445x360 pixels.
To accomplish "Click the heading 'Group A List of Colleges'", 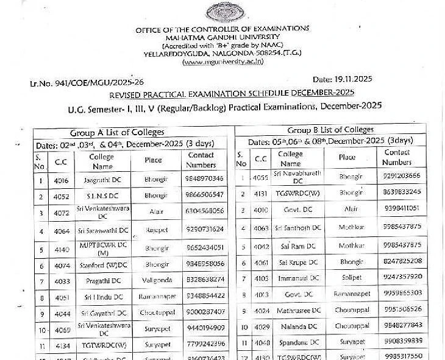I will pyautogui.click(x=117, y=132).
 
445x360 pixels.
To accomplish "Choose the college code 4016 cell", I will pyautogui.click(x=61, y=180).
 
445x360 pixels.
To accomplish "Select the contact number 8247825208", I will pyautogui.click(x=401, y=261).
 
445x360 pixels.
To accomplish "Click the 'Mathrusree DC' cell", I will pyautogui.click(x=295, y=309).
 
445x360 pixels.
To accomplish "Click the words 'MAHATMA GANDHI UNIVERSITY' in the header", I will pyautogui.click(x=222, y=37).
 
